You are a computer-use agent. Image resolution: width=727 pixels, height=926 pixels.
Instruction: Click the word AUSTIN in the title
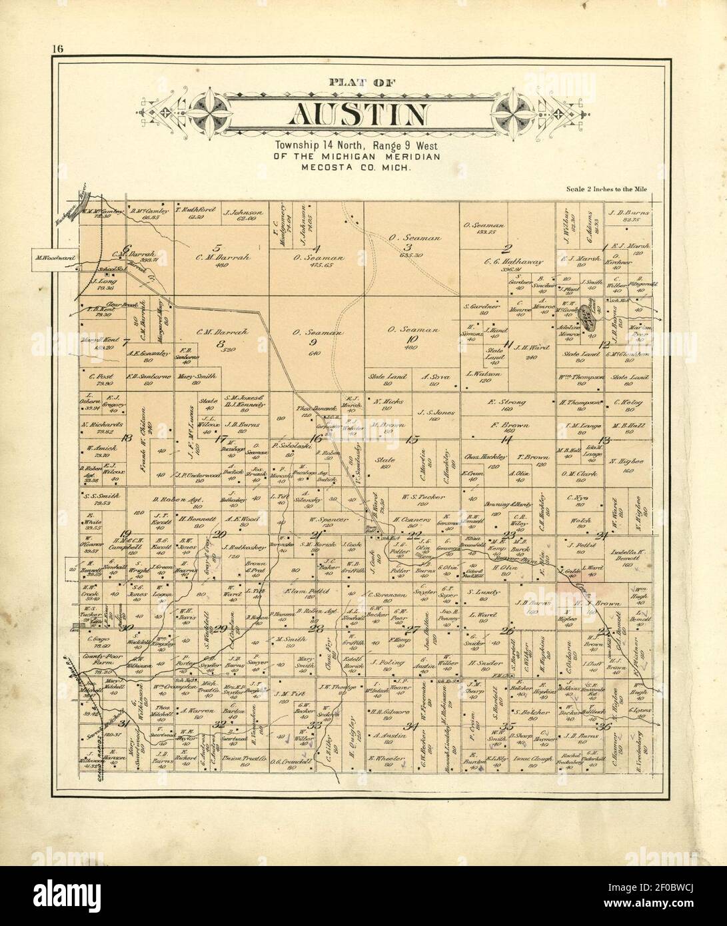coord(358,115)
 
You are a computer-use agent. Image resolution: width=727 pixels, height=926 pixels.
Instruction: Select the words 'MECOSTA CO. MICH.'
coord(359,169)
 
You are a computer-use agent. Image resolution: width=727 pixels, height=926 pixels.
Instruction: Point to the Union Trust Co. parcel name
coord(253,759)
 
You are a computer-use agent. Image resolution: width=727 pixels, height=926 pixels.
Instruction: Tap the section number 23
coord(510,535)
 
